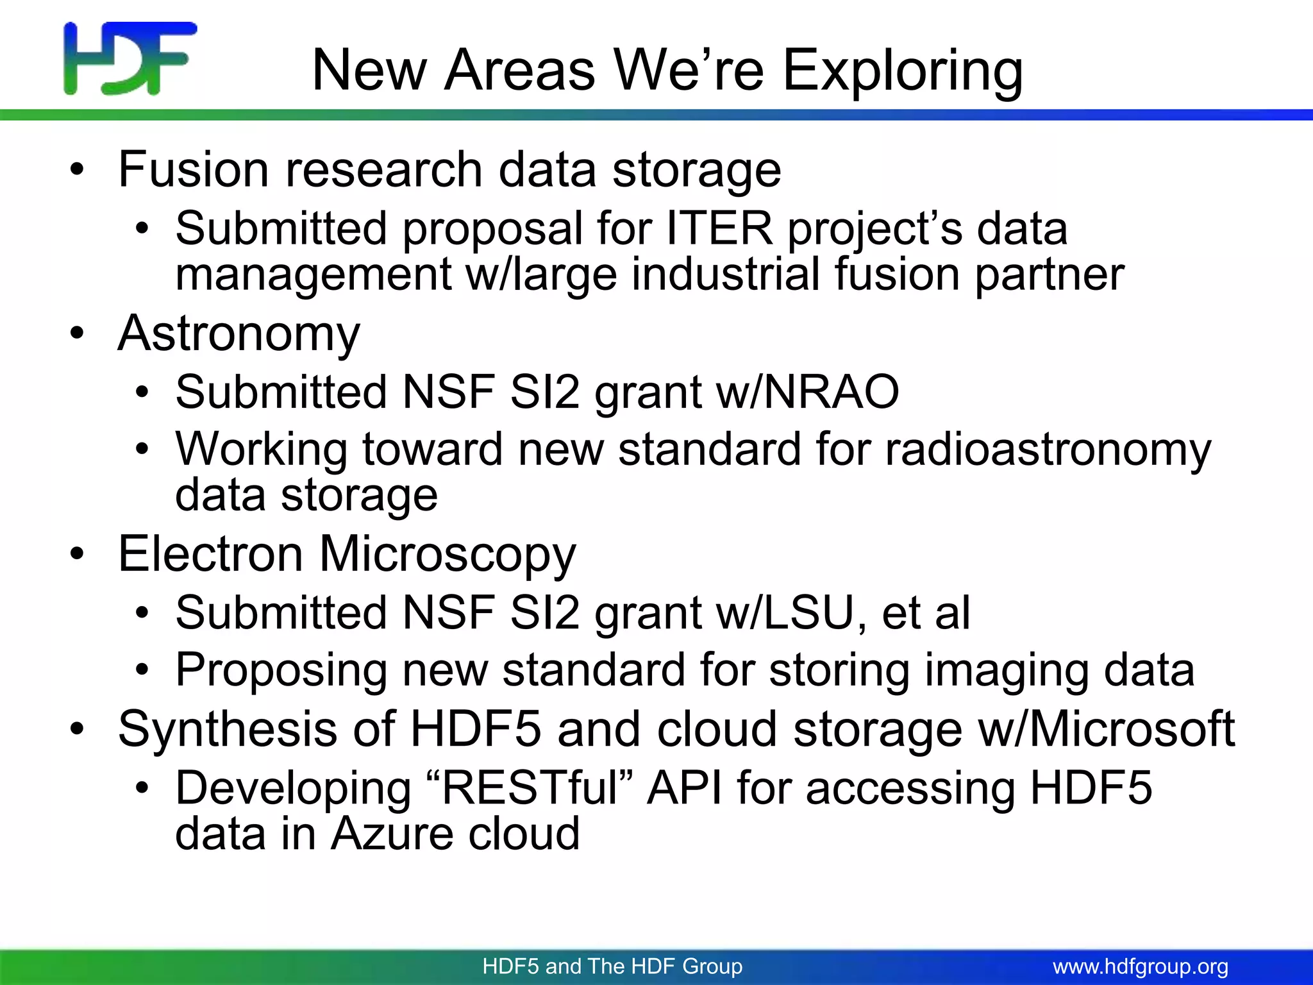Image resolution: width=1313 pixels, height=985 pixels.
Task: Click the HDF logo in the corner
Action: (x=130, y=58)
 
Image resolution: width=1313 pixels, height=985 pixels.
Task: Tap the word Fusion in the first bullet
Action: (x=193, y=169)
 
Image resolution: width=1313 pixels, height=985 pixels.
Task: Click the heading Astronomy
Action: (x=239, y=333)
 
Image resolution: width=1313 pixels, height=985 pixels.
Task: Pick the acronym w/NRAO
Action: (x=808, y=392)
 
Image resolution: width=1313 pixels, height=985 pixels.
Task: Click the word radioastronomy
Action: (x=1048, y=449)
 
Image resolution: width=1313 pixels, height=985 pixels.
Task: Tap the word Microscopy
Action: (x=447, y=554)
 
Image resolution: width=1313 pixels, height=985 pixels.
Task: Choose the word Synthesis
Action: (x=227, y=729)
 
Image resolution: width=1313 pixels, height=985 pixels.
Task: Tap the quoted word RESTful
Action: (x=529, y=788)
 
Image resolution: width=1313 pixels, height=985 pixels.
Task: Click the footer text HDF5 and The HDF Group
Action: (x=612, y=966)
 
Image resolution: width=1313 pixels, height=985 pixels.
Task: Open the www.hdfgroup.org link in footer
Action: (x=1141, y=966)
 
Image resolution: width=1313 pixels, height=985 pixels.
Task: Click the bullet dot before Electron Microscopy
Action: (x=78, y=554)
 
